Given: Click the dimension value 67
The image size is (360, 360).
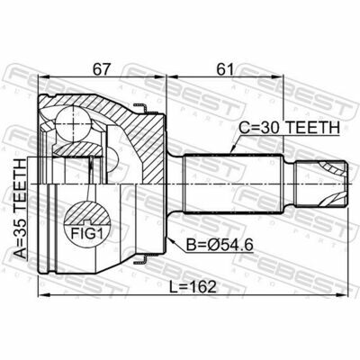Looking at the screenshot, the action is click(102, 69).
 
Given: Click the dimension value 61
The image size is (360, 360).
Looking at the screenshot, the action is click(225, 69).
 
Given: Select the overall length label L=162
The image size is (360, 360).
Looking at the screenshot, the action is click(193, 287).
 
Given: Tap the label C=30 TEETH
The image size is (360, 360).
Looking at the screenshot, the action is click(289, 128).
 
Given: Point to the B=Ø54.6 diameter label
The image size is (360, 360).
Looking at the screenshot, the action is click(220, 245).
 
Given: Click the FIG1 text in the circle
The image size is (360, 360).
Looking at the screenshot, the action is click(86, 234).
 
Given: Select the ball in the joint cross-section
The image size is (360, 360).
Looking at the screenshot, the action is click(73, 124).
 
